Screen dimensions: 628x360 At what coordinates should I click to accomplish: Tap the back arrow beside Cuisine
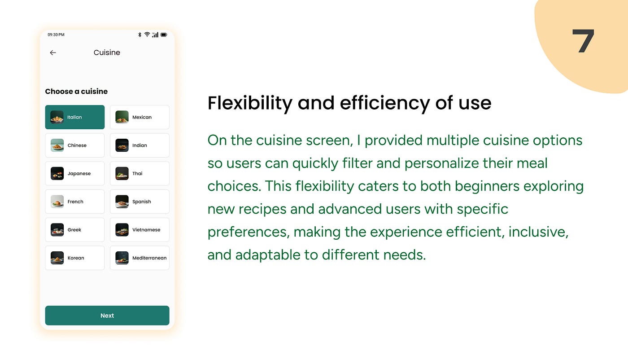tap(53, 53)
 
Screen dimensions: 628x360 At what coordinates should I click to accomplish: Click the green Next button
tap(107, 316)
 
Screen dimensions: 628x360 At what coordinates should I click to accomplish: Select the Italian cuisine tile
tap(75, 117)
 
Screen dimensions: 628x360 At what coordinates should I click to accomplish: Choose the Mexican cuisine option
tap(140, 117)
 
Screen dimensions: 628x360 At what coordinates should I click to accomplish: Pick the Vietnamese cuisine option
tap(140, 230)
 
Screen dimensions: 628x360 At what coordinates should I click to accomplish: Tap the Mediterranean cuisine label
tap(149, 258)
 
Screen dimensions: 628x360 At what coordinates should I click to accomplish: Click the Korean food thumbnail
tap(57, 258)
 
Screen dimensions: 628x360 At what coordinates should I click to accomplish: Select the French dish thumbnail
tap(57, 202)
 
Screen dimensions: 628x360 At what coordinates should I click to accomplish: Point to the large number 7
tap(583, 41)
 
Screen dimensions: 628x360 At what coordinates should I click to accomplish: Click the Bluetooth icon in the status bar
tap(140, 35)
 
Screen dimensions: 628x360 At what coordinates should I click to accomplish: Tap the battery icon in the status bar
tap(164, 35)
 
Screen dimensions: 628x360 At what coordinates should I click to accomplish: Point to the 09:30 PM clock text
tap(56, 35)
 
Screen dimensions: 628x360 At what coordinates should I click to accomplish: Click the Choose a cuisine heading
tap(76, 92)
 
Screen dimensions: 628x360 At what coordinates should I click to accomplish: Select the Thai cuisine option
tap(140, 173)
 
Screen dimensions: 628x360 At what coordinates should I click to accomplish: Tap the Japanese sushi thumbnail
tap(57, 173)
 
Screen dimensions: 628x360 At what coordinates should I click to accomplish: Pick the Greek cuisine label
tap(74, 230)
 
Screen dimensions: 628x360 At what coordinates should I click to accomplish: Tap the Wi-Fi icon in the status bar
tap(147, 35)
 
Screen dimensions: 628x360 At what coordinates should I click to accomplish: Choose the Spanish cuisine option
tap(140, 202)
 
